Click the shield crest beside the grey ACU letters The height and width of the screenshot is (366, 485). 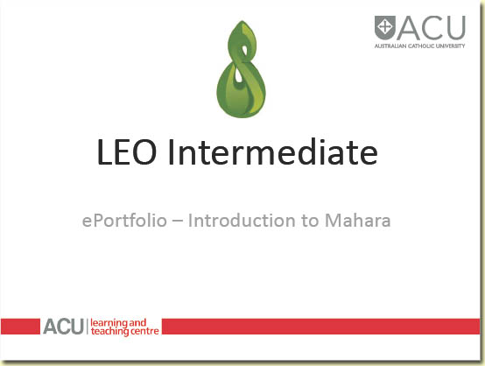(384, 26)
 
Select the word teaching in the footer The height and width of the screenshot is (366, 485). (106, 332)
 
